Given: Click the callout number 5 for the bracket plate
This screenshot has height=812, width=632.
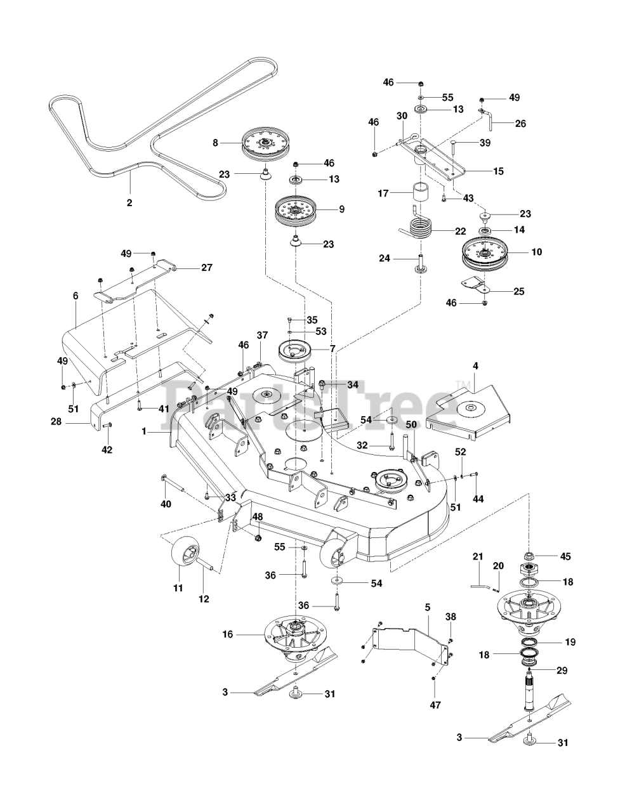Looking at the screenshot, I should pos(428,607).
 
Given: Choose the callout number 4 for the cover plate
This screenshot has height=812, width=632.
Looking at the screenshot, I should pos(475,366).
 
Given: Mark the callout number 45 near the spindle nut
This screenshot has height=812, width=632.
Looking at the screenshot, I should pos(565,556).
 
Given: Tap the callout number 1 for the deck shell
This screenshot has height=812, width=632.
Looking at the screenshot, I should pos(144,431).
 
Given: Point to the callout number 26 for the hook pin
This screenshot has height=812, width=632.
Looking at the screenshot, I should pos(520,124).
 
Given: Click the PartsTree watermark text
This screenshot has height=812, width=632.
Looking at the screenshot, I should pos(317,406).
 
